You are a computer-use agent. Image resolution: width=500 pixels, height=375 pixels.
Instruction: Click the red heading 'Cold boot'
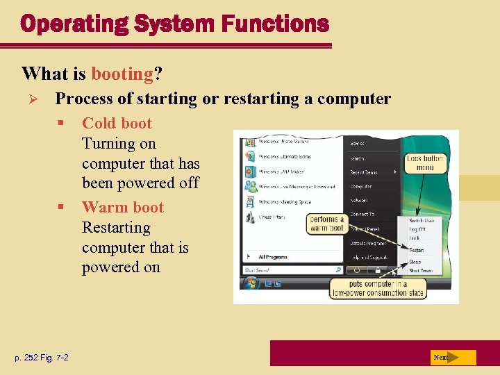[x=117, y=124]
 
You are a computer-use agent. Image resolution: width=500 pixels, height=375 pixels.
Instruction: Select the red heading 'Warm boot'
[x=122, y=208]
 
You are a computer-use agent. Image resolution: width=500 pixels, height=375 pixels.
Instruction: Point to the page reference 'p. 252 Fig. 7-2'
[x=42, y=358]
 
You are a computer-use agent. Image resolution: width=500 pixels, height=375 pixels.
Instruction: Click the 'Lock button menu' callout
[x=424, y=163]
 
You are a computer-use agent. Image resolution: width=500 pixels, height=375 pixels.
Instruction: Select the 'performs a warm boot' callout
[x=326, y=224]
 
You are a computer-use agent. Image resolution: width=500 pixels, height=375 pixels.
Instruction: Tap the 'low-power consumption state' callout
[x=378, y=288]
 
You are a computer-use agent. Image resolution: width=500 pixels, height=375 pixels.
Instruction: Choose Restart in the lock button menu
[x=416, y=249]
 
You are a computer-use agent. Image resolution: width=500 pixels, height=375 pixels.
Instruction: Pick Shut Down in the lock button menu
[x=419, y=270]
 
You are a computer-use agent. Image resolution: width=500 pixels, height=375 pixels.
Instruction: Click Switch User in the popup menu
[x=421, y=220]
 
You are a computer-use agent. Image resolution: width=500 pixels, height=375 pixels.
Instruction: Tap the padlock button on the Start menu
[x=376, y=269]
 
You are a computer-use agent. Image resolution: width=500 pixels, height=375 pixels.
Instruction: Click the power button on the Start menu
[x=357, y=269]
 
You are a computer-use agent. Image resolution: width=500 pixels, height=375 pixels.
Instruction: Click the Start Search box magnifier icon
[x=338, y=269]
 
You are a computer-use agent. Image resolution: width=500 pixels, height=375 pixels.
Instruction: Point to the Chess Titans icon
[x=250, y=217]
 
